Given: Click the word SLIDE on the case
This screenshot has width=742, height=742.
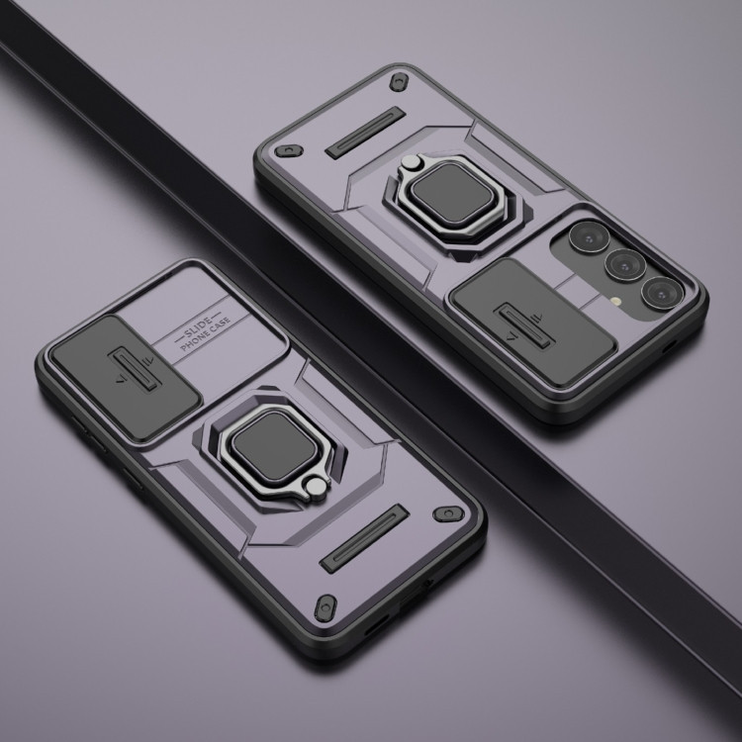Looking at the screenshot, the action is [x=197, y=327].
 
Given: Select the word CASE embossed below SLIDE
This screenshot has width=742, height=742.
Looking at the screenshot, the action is [x=220, y=326].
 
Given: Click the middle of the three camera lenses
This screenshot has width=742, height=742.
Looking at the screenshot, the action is [x=624, y=265].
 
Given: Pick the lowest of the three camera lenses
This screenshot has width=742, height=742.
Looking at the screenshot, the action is [x=661, y=293].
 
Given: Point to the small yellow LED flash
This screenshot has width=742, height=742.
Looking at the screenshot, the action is [x=615, y=301].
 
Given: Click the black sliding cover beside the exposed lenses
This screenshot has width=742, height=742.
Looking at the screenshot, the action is [x=532, y=322].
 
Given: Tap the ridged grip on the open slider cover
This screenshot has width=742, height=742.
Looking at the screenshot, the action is [x=523, y=326].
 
